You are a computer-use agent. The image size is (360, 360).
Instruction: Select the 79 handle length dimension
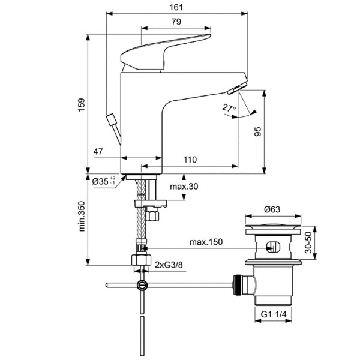pyautogui.click(x=176, y=22)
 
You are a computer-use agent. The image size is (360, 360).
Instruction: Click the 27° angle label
pyautogui.click(x=229, y=108)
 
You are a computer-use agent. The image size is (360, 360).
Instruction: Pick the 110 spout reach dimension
pyautogui.click(x=190, y=159)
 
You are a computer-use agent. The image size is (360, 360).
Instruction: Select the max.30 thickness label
pyautogui.click(x=183, y=187)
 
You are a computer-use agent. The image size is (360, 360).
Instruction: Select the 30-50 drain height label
pyautogui.click(x=310, y=243)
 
